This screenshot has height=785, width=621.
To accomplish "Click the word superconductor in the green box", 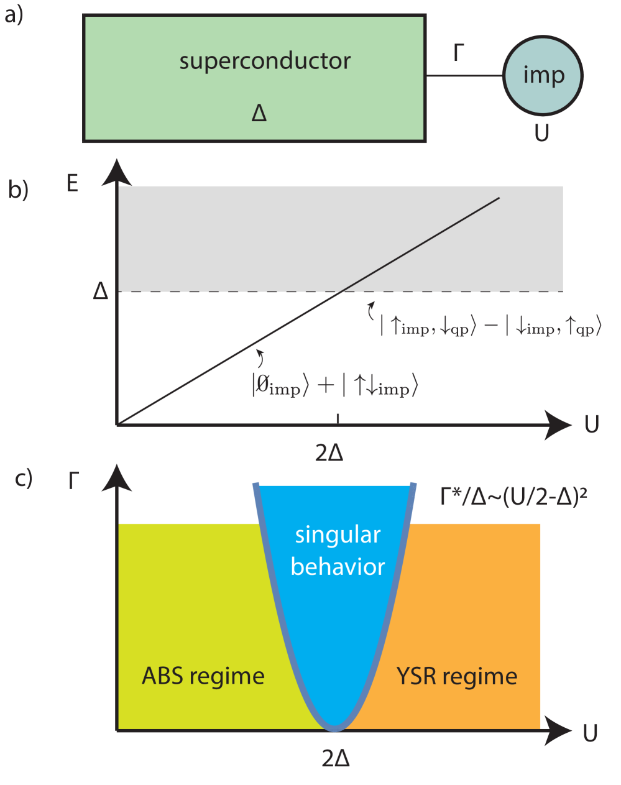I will (265, 61).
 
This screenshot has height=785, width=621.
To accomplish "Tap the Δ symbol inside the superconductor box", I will (259, 112).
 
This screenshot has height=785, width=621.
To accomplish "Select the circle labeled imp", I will (543, 75).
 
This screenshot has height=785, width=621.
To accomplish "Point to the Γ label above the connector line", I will (459, 53).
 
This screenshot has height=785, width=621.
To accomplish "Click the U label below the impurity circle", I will (541, 132).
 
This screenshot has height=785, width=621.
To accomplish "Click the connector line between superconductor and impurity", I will (464, 76).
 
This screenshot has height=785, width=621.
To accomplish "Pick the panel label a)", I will (13, 15).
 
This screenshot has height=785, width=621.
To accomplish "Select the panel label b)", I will (19, 190).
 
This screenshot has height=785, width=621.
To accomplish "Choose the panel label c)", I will (24, 479).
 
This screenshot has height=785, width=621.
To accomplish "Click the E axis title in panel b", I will (73, 183).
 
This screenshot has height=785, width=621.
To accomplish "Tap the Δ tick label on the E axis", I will (101, 291).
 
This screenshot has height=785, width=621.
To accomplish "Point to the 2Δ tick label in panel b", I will (329, 453).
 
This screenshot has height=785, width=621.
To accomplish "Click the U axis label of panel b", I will (591, 425).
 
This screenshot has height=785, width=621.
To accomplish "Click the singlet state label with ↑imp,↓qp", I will (490, 326).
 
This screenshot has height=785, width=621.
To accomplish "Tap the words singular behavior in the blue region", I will (338, 551).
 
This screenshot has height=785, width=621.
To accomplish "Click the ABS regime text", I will (203, 676).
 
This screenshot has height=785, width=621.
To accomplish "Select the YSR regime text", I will (457, 676).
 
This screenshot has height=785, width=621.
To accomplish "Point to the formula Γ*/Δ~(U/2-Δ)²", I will (513, 497).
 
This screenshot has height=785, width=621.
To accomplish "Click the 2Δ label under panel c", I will (336, 758).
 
